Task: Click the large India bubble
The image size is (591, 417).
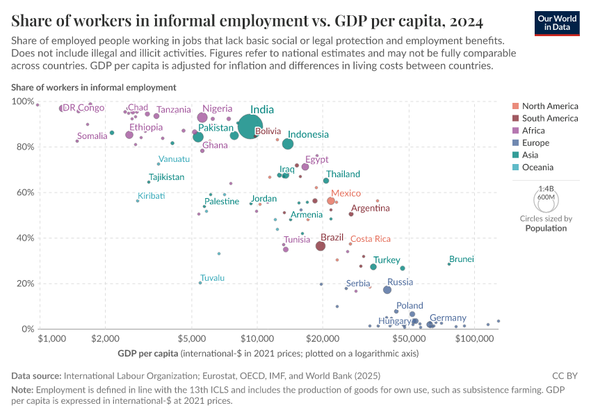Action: tap(250, 125)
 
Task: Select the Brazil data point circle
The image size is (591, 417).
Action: tap(321, 246)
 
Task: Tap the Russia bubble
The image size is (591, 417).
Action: tap(387, 290)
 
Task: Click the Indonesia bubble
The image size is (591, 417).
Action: tap(288, 144)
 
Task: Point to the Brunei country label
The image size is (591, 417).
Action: tap(461, 259)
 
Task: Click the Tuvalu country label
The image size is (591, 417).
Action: tap(212, 278)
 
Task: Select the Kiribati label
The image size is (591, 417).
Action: tap(151, 196)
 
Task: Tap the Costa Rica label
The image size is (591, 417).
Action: tap(370, 239)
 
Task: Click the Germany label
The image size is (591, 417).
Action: tap(448, 318)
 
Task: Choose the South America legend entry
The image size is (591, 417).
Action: tap(549, 119)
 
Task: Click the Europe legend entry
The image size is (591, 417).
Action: tap(536, 143)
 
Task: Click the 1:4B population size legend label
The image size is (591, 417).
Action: tap(546, 189)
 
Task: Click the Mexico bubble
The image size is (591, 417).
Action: tap(331, 201)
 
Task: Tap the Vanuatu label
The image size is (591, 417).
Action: tap(174, 159)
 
